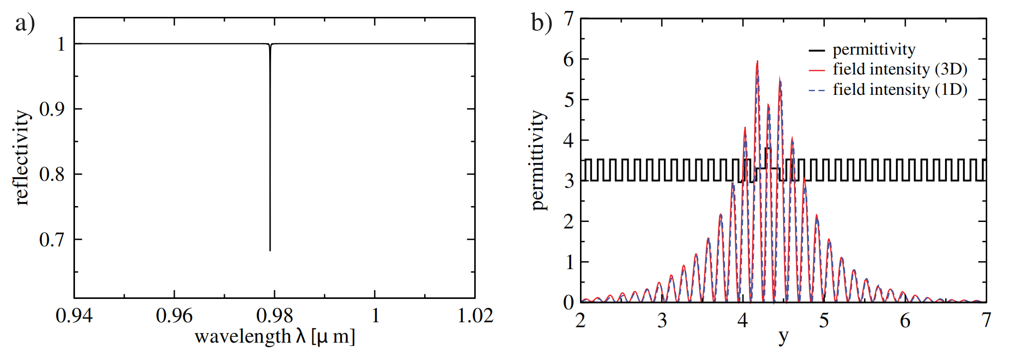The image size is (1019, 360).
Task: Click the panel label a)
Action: pyautogui.click(x=25, y=24)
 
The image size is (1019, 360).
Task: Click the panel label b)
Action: pyautogui.click(x=541, y=23)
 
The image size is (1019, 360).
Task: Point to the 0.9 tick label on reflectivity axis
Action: pyautogui.click(x=52, y=109)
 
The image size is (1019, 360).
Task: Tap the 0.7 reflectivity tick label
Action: pyautogui.click(x=52, y=240)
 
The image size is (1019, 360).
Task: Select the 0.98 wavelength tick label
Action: pyautogui.click(x=274, y=316)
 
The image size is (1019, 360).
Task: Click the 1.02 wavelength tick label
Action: pyautogui.click(x=475, y=316)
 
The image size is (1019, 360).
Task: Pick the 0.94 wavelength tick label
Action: pyautogui.click(x=74, y=316)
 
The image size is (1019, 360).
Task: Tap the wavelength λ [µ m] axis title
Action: pyautogui.click(x=275, y=337)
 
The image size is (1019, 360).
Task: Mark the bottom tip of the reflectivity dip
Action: pyautogui.click(x=270, y=250)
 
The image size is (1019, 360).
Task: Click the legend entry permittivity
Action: pyautogui.click(x=873, y=50)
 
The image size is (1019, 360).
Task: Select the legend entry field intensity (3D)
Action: pyautogui.click(x=900, y=70)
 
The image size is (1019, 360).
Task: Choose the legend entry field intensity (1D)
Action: pyautogui.click(x=900, y=90)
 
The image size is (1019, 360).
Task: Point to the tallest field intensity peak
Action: pyautogui.click(x=757, y=62)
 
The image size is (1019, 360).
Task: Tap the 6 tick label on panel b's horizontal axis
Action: pyautogui.click(x=905, y=321)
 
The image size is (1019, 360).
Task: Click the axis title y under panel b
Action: pyautogui.click(x=783, y=337)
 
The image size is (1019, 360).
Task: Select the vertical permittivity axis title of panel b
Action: pyautogui.click(x=538, y=160)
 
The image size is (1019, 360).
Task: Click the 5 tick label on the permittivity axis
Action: pyautogui.click(x=569, y=100)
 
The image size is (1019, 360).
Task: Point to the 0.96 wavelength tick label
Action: pyautogui.click(x=174, y=316)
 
